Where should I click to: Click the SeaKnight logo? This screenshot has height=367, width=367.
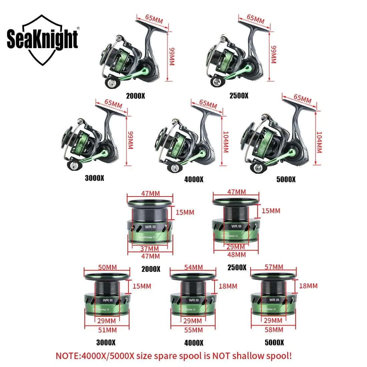pos(42,40)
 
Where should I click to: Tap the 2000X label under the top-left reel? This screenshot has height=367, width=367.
pos(135,96)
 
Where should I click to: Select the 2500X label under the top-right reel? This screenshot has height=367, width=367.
pos(239,96)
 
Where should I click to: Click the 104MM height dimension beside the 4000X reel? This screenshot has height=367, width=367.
pos(225,142)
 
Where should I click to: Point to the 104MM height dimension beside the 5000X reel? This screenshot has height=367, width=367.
pos(319,142)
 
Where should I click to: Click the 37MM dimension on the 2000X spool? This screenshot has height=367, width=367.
pos(149,249)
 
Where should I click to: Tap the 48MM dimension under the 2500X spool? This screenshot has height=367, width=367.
pos(237,255)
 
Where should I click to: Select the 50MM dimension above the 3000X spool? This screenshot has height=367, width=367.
pos(107,267)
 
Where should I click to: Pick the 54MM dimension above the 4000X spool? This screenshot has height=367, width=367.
pos(194,267)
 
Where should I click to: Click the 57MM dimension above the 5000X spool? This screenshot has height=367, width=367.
pos(274,267)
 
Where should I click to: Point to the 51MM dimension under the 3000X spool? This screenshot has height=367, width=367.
pos(107,330)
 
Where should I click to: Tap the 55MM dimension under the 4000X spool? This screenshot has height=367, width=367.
pos(194,330)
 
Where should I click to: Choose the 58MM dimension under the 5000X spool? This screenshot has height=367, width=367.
pos(274,330)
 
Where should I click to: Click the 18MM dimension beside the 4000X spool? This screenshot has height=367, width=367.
pos(228,286)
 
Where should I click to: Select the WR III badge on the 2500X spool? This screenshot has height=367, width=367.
pos(236,226)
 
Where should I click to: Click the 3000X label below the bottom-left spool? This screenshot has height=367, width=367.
pos(106,342)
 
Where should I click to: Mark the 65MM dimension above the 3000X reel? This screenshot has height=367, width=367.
pos(113,103)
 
